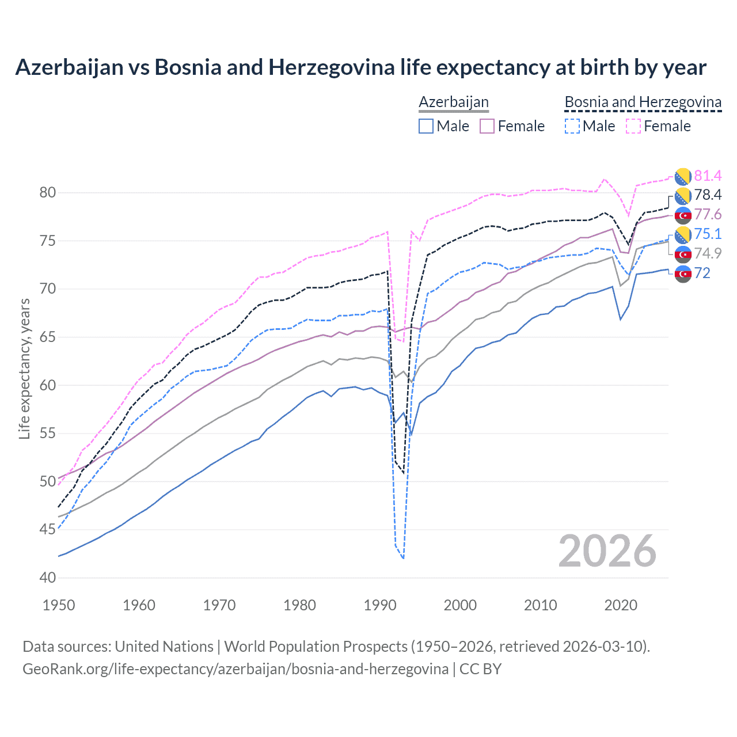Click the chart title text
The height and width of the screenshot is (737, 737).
360,67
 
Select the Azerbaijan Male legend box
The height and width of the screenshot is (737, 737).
426,126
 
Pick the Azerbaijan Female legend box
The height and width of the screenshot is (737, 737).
487,126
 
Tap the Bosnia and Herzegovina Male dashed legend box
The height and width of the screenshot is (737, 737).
572,126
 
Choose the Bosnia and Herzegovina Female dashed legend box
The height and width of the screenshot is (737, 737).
633,126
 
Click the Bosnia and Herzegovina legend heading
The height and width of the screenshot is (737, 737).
643,102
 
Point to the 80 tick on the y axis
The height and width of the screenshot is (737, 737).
48,193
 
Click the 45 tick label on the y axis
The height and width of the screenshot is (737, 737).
48,529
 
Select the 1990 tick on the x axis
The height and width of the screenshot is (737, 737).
380,605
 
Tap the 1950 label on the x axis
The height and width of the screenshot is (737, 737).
59,605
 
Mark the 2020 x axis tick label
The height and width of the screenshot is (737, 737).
621,605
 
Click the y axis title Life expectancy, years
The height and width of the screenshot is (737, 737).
25,368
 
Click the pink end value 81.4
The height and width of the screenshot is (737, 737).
708,176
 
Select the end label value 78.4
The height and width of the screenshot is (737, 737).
708,195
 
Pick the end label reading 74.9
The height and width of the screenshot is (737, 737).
708,253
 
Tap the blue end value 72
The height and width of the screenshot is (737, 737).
702,273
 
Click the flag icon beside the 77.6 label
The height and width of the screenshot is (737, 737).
683,215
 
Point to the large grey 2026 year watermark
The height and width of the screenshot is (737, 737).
607,551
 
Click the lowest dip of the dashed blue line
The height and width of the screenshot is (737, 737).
403,558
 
